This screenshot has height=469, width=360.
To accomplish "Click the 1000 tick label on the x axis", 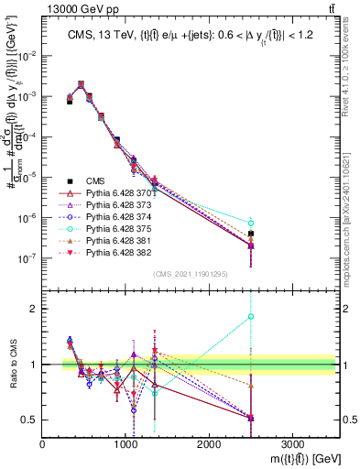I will click(125, 442).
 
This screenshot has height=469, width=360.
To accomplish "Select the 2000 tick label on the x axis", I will click(208, 442).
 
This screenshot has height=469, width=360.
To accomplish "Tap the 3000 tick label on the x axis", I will click(291, 442).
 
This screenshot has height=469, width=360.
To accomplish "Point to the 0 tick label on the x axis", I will click(43, 442).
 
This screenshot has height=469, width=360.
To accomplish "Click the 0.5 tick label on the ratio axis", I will click(30, 420).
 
